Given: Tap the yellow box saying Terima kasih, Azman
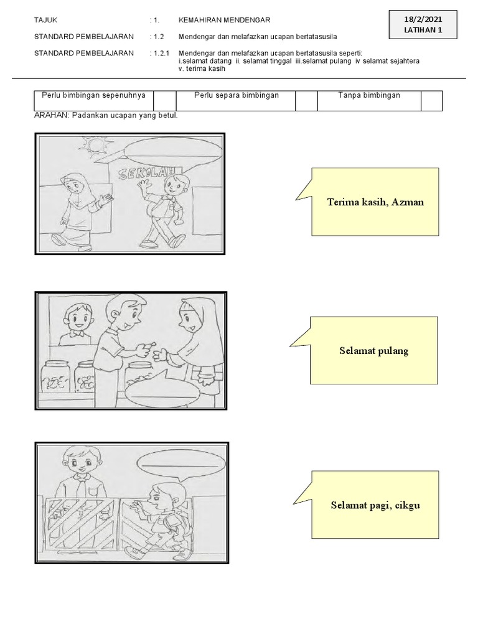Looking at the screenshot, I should [x=375, y=202].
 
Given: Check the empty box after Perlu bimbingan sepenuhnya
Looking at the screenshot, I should [x=165, y=100].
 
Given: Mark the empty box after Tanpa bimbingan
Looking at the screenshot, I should [x=431, y=100].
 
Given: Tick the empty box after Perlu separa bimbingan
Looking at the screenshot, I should [x=306, y=100].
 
